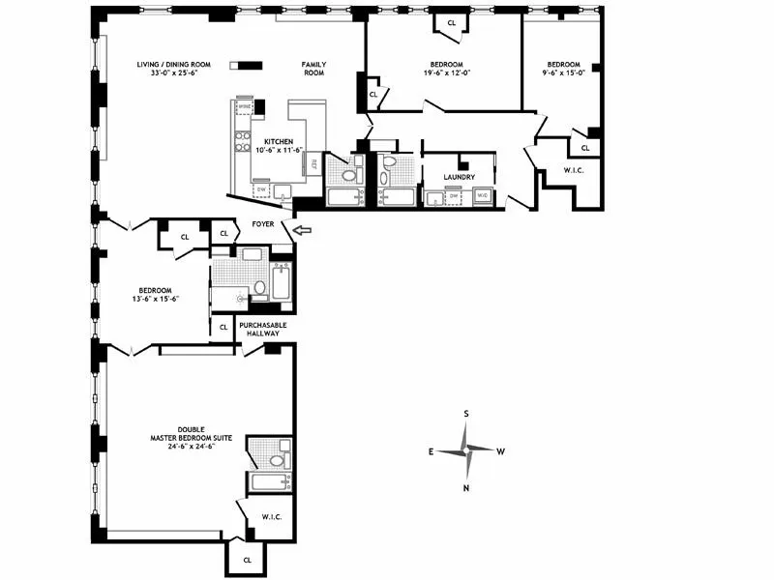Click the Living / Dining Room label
(x=166, y=65)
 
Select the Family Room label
(x=313, y=69)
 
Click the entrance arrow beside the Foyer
(x=304, y=230)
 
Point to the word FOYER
(x=263, y=224)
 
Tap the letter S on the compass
(x=466, y=414)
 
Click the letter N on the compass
(x=466, y=488)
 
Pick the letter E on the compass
(x=432, y=451)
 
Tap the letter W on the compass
(x=501, y=451)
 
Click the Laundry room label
(x=459, y=178)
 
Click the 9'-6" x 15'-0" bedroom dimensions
(x=563, y=73)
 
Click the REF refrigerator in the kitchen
(x=313, y=165)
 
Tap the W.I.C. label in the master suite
(x=270, y=517)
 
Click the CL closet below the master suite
(x=247, y=560)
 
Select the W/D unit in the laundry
(x=482, y=196)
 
